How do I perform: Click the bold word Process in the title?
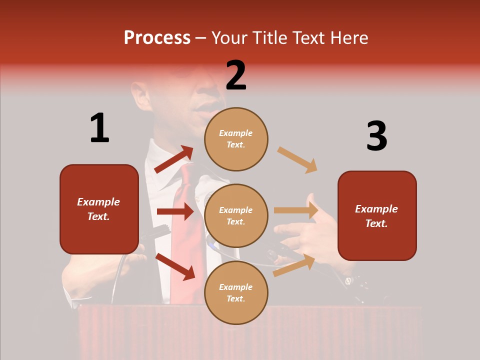157,38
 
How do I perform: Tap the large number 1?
99,128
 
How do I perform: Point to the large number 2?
236,75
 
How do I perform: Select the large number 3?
376,136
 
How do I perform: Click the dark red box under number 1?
99,209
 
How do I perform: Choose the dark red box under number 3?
377,216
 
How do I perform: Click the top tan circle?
236,139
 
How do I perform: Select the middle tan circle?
236,215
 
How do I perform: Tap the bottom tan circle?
236,292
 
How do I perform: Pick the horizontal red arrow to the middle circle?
175,211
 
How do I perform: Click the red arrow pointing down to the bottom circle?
175,266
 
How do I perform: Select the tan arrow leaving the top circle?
297,160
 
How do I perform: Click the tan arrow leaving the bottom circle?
294,265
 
